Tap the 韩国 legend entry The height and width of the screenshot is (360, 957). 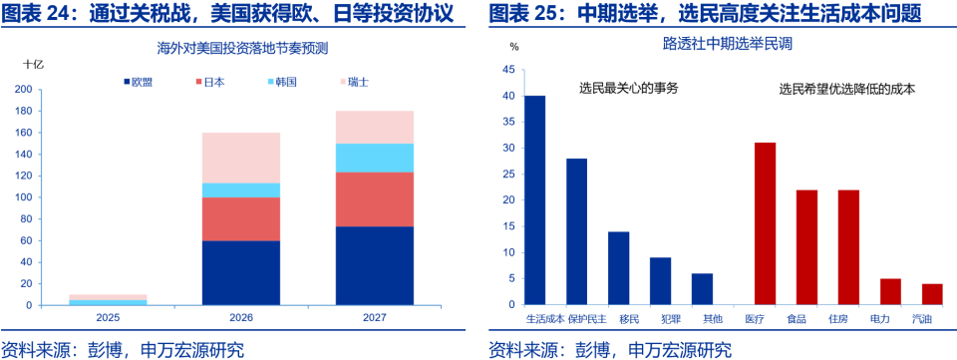[286, 81]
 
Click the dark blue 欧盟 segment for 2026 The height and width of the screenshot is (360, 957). [240, 272]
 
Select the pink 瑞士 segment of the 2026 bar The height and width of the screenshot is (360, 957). [240, 158]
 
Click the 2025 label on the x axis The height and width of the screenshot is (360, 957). [108, 318]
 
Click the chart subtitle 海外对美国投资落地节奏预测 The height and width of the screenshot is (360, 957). [243, 47]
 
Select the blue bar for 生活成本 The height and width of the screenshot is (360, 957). [535, 199]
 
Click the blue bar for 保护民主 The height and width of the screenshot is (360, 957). [576, 231]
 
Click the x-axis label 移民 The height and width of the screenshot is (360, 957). [618, 319]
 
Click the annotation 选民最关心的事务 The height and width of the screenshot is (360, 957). [628, 89]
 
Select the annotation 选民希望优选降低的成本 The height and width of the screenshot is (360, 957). [847, 89]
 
